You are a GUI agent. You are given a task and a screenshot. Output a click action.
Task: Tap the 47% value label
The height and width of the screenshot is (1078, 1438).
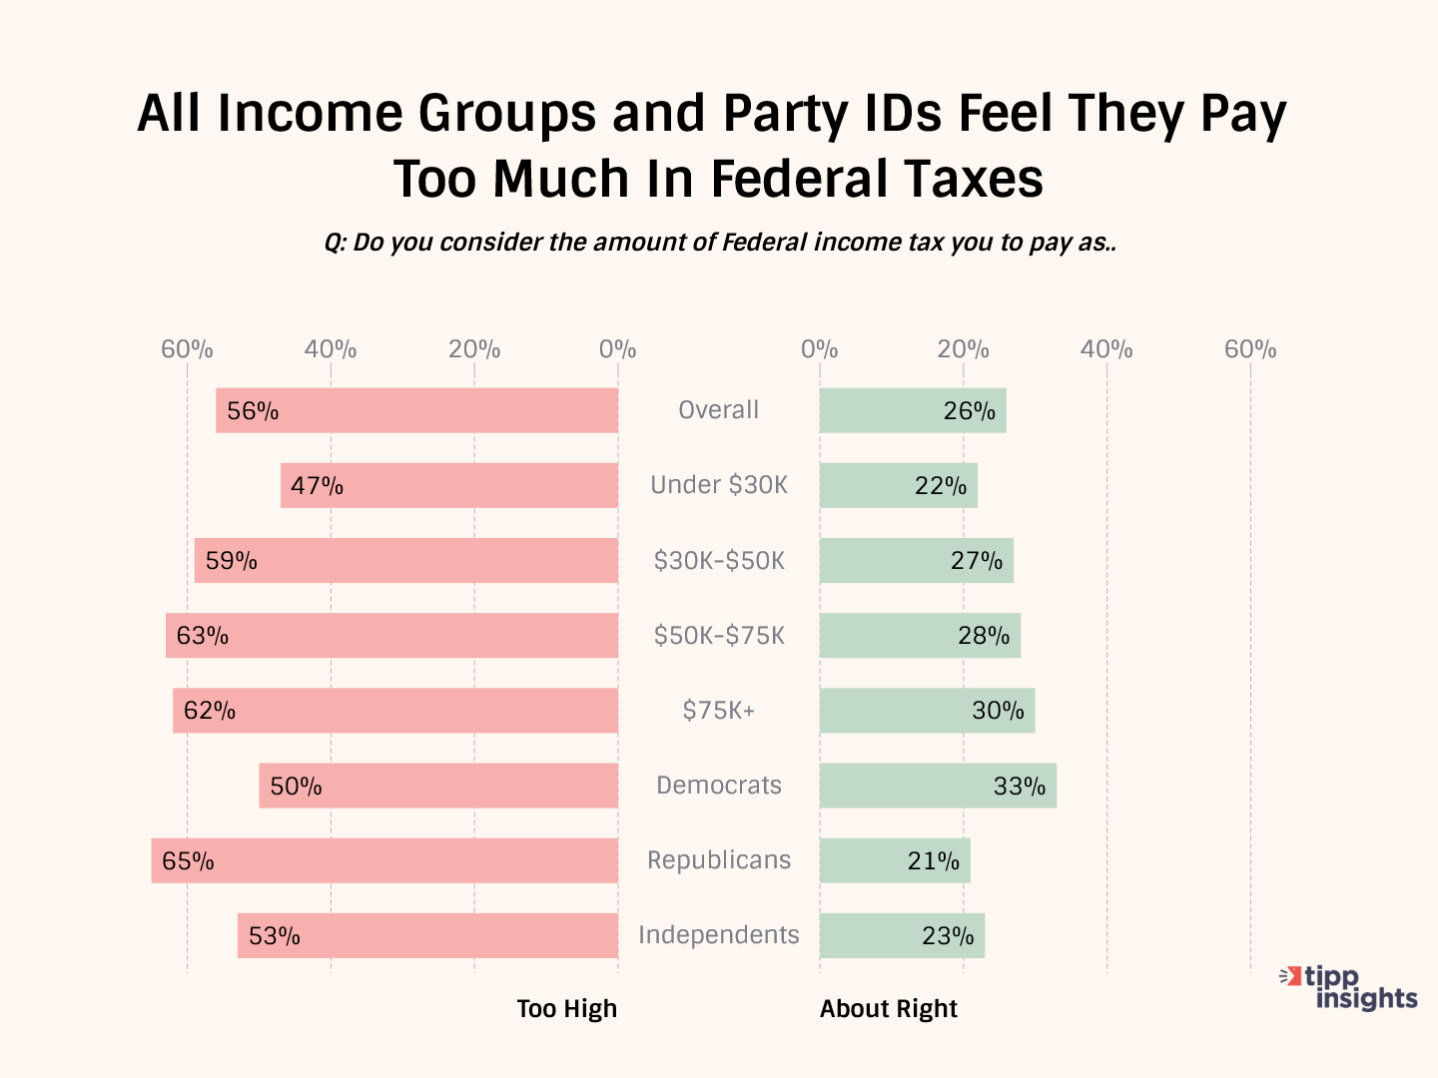tap(317, 486)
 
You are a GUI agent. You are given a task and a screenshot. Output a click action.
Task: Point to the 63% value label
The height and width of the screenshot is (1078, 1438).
tap(202, 636)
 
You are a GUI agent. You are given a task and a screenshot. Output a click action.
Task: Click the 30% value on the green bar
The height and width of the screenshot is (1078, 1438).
tap(998, 711)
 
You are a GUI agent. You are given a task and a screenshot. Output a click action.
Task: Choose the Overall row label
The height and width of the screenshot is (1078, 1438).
tap(718, 410)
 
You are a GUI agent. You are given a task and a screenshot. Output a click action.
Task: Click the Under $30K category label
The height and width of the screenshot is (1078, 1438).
tap(718, 485)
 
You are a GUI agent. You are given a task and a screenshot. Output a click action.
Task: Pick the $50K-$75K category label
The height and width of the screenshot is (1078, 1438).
tap(718, 636)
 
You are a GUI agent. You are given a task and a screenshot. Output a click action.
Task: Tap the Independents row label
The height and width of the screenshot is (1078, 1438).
tap(718, 935)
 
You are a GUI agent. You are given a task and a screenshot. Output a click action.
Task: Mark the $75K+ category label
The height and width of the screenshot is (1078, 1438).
tap(718, 711)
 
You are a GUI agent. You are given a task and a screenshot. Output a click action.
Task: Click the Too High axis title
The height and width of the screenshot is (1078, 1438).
tap(566, 1009)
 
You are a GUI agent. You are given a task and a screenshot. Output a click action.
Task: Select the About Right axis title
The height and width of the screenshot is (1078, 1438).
tap(888, 1009)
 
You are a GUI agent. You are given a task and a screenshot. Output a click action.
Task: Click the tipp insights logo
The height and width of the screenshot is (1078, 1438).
tap(1350, 987)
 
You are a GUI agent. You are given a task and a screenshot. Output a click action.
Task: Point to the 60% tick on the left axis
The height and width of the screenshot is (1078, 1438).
tap(187, 349)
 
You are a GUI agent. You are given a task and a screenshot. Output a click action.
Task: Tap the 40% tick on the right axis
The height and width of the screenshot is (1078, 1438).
tap(1106, 349)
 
